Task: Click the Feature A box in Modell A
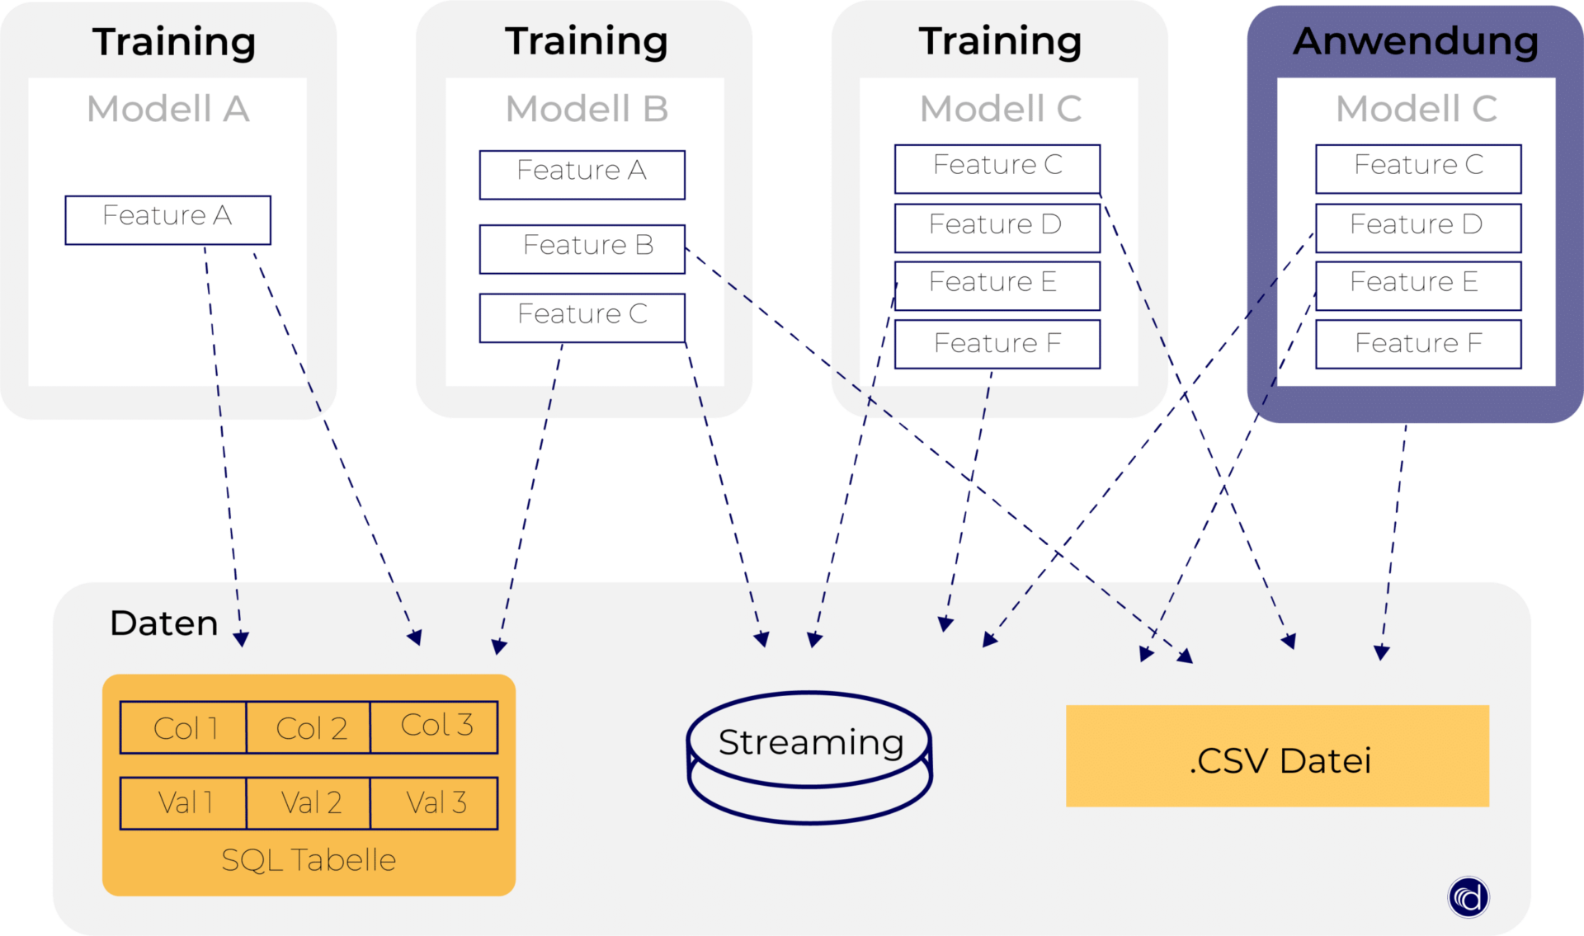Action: pyautogui.click(x=167, y=219)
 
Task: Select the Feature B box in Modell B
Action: pyautogui.click(x=582, y=248)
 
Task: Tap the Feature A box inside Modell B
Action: pyautogui.click(x=582, y=174)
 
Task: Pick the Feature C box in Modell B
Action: pyautogui.click(x=582, y=317)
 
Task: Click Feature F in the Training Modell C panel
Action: pyautogui.click(x=997, y=343)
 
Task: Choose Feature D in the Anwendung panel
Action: pyautogui.click(x=1417, y=228)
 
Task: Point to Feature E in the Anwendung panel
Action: pyautogui.click(x=1417, y=285)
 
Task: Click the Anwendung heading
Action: pyautogui.click(x=1416, y=41)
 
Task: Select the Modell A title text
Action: pyautogui.click(x=167, y=109)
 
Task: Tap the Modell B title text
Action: pyautogui.click(x=587, y=109)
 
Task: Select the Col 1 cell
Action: pyautogui.click(x=183, y=727)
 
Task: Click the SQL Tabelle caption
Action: pyautogui.click(x=309, y=860)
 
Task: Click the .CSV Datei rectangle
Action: pyautogui.click(x=1277, y=756)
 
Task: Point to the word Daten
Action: pyautogui.click(x=163, y=623)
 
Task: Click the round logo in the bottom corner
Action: pyautogui.click(x=1468, y=896)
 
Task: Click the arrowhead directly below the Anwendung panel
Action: pyautogui.click(x=1382, y=652)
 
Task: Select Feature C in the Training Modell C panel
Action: pyautogui.click(x=997, y=168)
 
